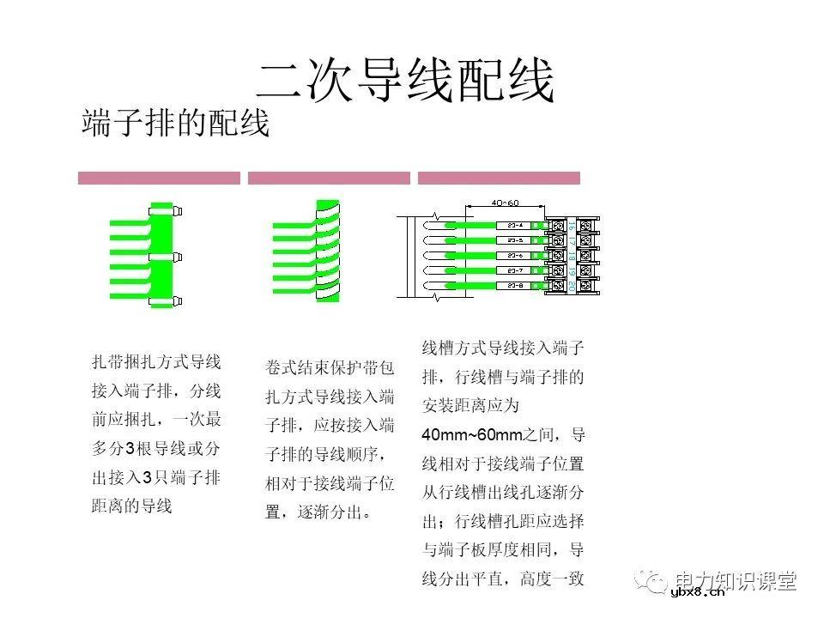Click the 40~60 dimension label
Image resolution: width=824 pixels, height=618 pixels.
pyautogui.click(x=505, y=203)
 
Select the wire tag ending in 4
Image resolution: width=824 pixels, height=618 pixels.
pyautogui.click(x=515, y=226)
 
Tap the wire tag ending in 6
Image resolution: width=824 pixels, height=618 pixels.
pyautogui.click(x=515, y=256)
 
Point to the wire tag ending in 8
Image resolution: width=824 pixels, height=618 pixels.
pyautogui.click(x=515, y=285)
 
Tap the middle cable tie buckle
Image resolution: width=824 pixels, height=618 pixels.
pyautogui.click(x=177, y=256)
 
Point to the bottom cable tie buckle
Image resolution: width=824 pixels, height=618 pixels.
pyautogui.click(x=177, y=300)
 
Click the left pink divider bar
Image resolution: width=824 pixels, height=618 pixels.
pyautogui.click(x=159, y=178)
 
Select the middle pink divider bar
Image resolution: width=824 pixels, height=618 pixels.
pyautogui.click(x=329, y=178)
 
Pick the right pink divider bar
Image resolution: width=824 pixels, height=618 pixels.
pyautogui.click(x=499, y=178)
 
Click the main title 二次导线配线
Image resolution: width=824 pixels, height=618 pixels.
pyautogui.click(x=406, y=82)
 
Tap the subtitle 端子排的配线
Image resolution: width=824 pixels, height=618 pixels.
pyautogui.click(x=176, y=124)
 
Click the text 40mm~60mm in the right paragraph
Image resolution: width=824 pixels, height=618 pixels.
pyautogui.click(x=471, y=434)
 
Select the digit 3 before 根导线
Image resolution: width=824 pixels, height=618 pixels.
pyautogui.click(x=130, y=449)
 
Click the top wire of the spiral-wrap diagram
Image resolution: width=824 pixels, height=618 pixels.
pyautogui.click(x=296, y=225)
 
